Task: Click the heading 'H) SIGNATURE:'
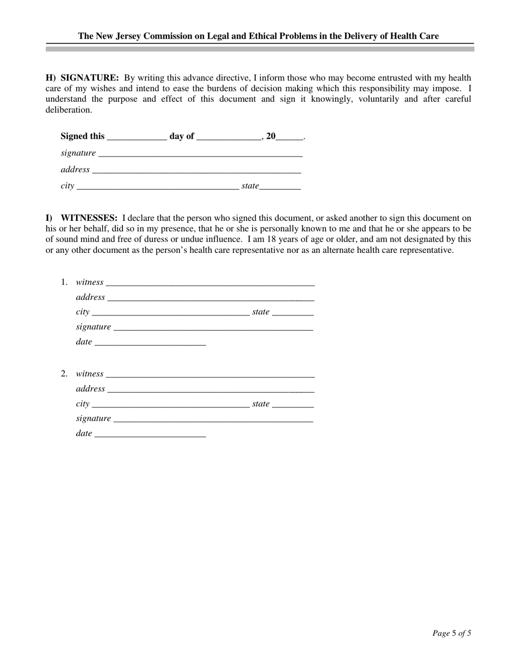82,78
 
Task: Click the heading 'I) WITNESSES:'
82,218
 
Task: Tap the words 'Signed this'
83,137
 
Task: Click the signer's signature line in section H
200,154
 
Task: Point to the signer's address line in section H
196,171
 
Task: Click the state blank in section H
280,187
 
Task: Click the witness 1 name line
210,283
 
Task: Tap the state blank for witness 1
293,313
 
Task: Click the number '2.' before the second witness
64,374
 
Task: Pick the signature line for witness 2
213,420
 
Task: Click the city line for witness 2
170,405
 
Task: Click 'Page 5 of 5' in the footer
452,633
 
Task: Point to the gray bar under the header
260,49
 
